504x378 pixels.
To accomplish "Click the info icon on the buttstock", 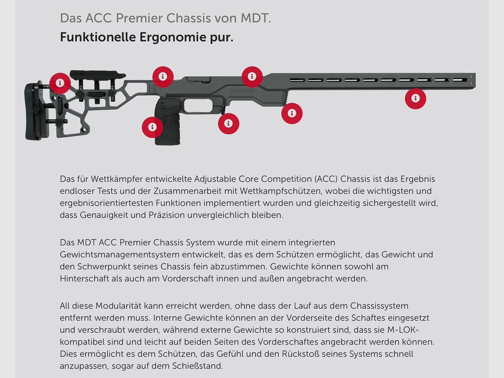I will point(60,83).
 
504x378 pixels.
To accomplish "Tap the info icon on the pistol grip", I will point(152,127).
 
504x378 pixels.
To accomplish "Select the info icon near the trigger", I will point(228,123).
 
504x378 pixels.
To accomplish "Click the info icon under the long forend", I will point(415,99).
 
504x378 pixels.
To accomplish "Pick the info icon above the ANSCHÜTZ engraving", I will point(252,77).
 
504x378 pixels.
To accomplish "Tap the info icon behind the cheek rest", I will point(163,77).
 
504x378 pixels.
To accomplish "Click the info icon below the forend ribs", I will point(292,113).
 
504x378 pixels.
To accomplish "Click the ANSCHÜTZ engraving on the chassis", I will point(242,91).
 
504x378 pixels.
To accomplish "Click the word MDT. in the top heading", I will point(256,18).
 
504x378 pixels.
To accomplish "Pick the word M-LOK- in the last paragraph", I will point(403,330).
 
